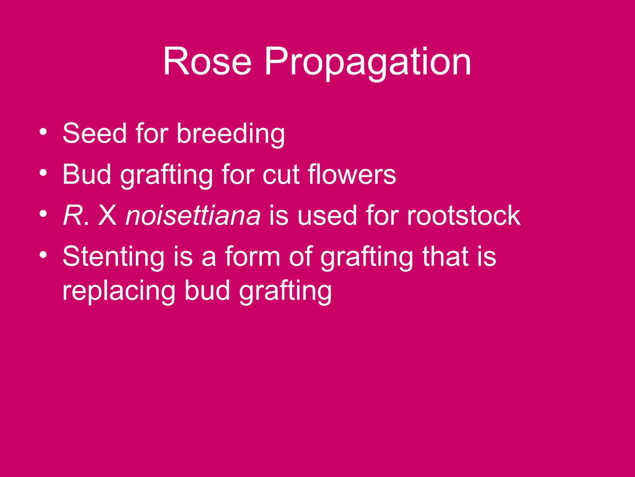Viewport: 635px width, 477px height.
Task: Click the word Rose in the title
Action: tap(207, 61)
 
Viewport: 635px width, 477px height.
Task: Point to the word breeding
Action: tap(231, 134)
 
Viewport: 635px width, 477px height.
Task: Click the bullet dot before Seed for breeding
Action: tap(43, 131)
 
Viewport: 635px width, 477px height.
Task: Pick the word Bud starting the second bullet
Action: tap(87, 175)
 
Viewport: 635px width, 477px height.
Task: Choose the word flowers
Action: tap(352, 175)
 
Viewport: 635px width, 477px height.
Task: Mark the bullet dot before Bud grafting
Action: tap(43, 172)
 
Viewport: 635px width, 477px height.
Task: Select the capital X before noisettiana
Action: tap(108, 216)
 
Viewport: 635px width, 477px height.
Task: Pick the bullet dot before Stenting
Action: tap(43, 254)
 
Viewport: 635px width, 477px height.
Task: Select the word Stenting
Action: tap(113, 257)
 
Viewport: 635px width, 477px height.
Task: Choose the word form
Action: tap(252, 257)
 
